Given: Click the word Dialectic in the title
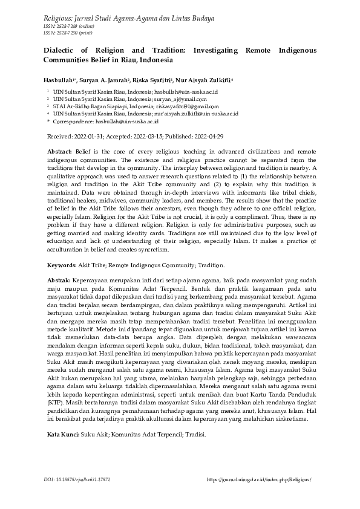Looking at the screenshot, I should (60, 51).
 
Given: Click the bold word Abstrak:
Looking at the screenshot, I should (59, 280).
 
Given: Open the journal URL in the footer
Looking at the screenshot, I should (259, 479).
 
